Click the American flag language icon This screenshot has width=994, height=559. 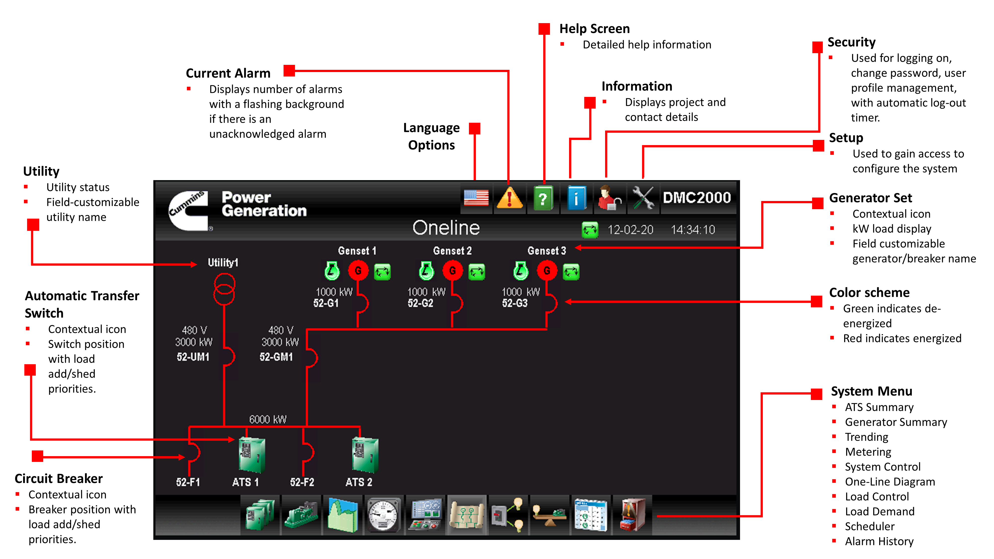point(476,198)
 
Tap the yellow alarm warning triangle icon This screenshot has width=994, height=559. point(509,198)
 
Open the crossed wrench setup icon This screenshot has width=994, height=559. point(643,198)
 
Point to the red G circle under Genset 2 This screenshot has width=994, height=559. point(452,271)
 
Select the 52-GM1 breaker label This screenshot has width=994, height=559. point(276,357)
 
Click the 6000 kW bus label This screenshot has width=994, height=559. point(268,419)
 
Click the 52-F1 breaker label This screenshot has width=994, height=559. point(188,482)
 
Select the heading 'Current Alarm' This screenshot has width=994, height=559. point(228,73)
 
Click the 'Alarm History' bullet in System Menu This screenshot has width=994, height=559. point(879,541)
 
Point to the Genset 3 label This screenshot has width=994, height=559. point(546,251)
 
